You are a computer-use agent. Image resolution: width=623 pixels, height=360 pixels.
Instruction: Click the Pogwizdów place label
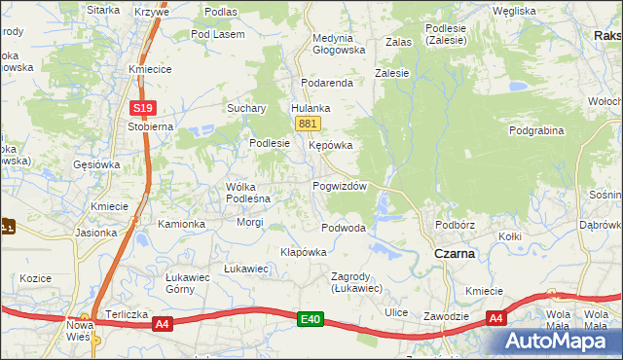[339, 187]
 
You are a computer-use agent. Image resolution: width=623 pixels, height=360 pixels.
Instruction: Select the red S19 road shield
[143, 108]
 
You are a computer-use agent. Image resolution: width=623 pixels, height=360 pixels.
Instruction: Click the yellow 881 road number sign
[309, 124]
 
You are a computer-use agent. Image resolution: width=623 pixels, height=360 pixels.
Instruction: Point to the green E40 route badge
[311, 318]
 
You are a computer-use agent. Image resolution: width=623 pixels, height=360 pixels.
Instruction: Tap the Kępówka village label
[330, 145]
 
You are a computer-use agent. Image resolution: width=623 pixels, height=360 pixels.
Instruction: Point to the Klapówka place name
[303, 251]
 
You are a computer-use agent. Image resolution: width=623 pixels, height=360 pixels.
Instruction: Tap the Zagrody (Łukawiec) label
[357, 281]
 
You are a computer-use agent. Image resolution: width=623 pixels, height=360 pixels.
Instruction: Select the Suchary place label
[247, 108]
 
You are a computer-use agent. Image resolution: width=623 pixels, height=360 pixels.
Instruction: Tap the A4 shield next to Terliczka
[163, 324]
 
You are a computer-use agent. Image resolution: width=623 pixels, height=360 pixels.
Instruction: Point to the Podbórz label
[456, 224]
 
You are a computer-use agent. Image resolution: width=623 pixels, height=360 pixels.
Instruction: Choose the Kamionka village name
[182, 224]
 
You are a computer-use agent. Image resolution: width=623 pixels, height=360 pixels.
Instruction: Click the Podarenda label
[327, 84]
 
